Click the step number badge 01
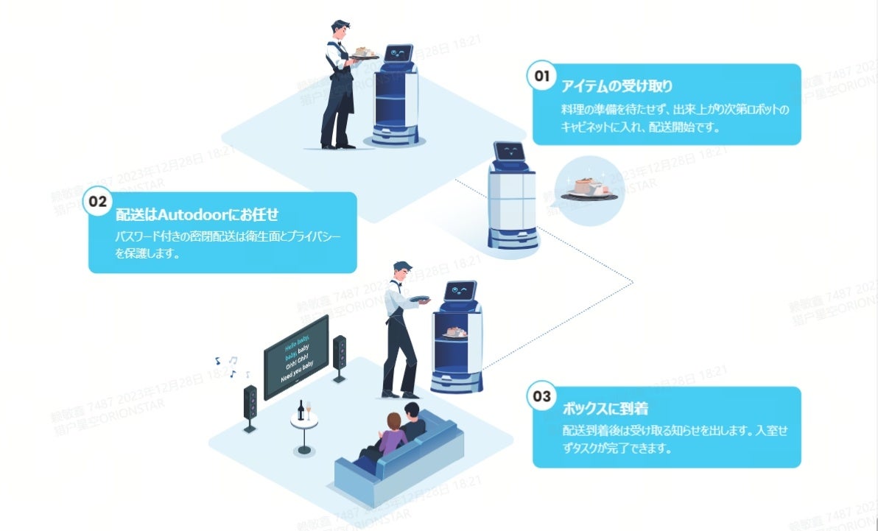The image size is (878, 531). (542, 77)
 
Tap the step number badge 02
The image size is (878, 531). (98, 200)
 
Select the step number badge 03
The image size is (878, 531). (542, 397)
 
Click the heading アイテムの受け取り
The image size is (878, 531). (617, 86)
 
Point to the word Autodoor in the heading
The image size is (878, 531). (201, 214)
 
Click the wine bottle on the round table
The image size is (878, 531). (301, 409)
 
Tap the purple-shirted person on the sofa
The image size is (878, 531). (392, 435)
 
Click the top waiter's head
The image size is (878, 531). (341, 32)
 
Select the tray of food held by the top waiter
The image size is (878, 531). (364, 54)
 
